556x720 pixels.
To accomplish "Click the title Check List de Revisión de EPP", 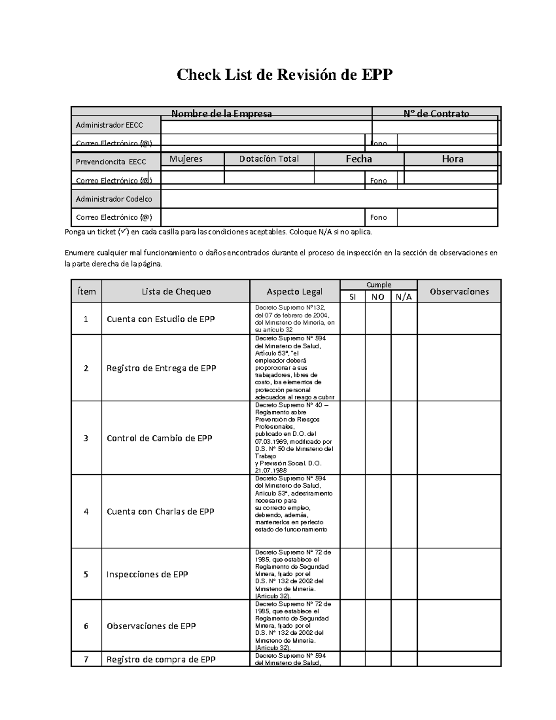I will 284,75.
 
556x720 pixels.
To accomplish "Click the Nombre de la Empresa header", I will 221,114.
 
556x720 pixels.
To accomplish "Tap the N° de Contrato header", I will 436,114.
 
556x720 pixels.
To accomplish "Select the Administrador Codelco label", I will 114,199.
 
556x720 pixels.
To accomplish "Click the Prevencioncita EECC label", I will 111,162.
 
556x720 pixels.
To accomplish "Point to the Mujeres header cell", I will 186,159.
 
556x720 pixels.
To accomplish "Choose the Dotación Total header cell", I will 269,159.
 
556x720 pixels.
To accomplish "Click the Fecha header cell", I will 359,159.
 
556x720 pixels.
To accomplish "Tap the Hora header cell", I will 452,159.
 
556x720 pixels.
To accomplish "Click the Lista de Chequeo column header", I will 176,292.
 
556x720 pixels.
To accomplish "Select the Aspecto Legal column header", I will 295,292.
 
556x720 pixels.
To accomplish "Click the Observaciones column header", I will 459,292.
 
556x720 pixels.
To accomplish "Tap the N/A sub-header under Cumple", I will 404,297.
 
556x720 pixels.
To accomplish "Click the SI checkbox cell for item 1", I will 353,319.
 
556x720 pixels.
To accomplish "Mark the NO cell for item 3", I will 378,438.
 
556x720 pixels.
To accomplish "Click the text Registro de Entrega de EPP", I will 161,368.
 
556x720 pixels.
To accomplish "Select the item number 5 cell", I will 86,574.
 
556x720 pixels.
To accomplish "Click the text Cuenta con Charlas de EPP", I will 160,511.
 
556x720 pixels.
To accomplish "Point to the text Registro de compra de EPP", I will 161,659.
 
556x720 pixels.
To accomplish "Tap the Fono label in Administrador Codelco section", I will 379,217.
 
